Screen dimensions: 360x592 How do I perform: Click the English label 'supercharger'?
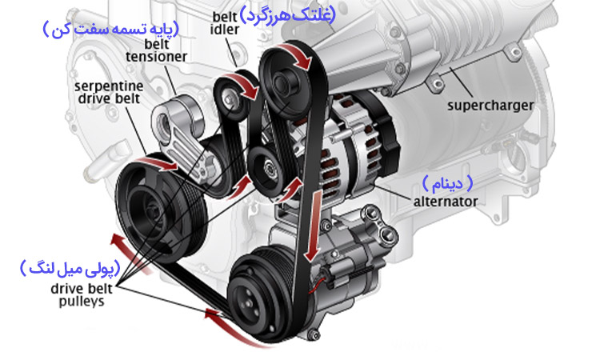490,104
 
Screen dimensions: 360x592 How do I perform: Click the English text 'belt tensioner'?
157,50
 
